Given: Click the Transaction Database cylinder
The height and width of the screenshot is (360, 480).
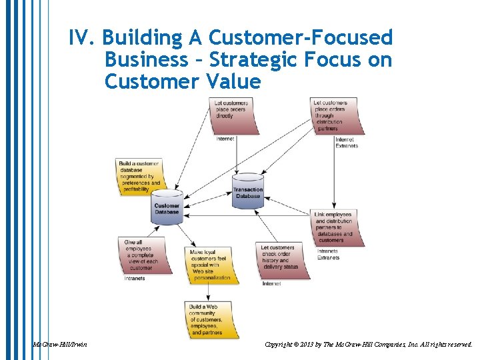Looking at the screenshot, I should click(x=247, y=192).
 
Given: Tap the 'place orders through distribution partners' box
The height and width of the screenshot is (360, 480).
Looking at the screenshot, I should click(x=336, y=115).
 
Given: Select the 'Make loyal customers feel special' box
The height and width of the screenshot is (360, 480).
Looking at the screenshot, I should click(x=211, y=265).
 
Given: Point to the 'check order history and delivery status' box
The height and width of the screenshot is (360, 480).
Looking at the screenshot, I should click(x=279, y=260).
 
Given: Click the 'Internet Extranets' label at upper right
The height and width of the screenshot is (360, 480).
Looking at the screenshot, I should click(x=347, y=143).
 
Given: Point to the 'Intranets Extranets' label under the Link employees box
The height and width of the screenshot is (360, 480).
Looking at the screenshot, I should click(x=328, y=254).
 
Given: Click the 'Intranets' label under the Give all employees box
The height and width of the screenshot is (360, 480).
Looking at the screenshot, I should click(x=135, y=279).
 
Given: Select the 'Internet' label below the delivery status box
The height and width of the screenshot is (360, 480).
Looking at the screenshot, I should click(x=271, y=284).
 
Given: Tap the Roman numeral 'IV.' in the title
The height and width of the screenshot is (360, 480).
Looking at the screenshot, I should click(x=81, y=37).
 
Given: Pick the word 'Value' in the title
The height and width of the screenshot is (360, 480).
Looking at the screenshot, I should click(x=233, y=82).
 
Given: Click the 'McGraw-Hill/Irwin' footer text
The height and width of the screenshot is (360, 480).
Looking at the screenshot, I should click(x=59, y=345).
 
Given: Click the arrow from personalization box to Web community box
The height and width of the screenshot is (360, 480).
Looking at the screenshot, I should click(x=209, y=291).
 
